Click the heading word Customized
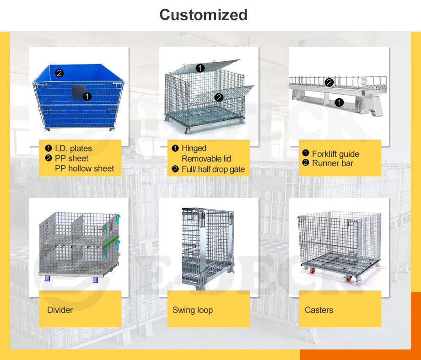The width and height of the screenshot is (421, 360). click(203, 15)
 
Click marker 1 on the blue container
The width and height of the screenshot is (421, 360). click(87, 97)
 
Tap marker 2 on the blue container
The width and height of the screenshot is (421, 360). click(59, 73)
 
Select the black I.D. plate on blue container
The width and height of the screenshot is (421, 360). click(79, 91)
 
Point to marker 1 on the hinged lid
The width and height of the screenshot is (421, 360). click(200, 68)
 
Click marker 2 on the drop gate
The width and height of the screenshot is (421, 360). click(219, 97)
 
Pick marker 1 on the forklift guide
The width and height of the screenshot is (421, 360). click(339, 102)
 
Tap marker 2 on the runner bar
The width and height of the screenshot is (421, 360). click(329, 82)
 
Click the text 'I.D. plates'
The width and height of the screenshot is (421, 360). click(73, 148)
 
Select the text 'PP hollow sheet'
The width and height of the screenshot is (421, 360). click(85, 168)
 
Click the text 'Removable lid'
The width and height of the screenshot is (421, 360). click(206, 159)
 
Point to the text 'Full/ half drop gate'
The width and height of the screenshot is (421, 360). click(213, 169)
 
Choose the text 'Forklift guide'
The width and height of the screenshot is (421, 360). click(335, 154)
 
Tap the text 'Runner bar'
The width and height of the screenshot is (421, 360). click(333, 163)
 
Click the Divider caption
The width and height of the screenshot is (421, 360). click(60, 310)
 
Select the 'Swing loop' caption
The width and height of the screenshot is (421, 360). click(193, 310)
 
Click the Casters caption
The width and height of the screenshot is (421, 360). click(319, 310)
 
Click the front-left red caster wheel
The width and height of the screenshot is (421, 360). click(313, 271)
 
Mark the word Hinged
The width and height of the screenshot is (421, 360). click(194, 148)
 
